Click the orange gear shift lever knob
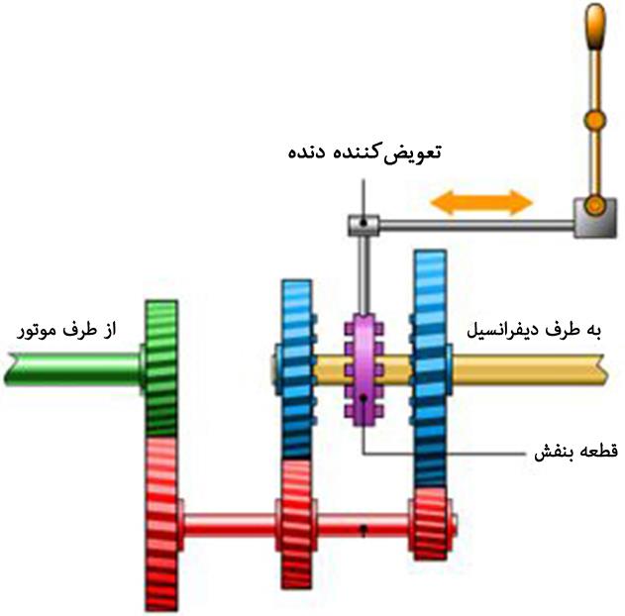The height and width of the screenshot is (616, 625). pyautogui.click(x=594, y=30)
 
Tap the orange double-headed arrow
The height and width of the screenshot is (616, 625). pyautogui.click(x=481, y=203)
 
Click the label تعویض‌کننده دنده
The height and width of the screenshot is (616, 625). pyautogui.click(x=364, y=154)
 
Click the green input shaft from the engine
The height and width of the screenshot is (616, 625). pyautogui.click(x=69, y=367)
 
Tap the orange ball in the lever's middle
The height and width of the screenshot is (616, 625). pyautogui.click(x=593, y=122)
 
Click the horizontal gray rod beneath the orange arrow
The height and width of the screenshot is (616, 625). pyautogui.click(x=475, y=228)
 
